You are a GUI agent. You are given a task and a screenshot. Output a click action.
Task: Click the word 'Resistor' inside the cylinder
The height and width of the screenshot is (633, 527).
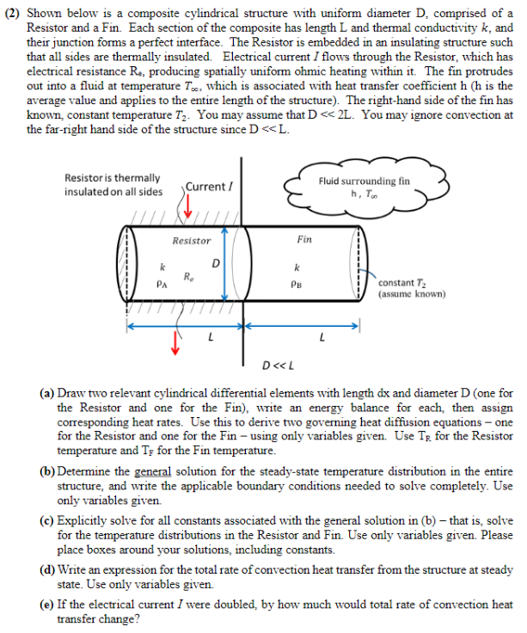(x=191, y=242)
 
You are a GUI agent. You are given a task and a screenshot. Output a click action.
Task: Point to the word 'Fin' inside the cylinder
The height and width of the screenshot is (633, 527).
(x=304, y=239)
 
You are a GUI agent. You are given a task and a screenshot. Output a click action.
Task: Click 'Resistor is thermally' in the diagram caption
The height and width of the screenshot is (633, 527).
(x=112, y=177)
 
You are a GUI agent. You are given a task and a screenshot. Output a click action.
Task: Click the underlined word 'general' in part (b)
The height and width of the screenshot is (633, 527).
(x=154, y=472)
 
